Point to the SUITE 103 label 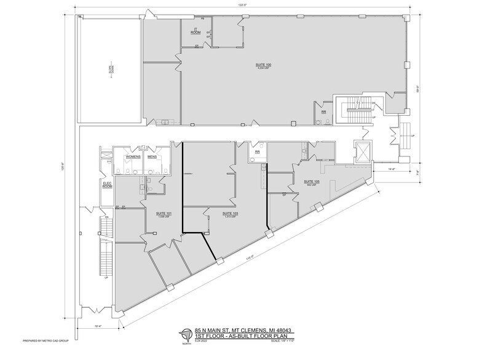point(213,214)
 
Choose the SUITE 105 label point(312,182)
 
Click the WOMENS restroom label point(133,156)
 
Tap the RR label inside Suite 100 point(323,112)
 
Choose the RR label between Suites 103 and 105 point(258,150)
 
